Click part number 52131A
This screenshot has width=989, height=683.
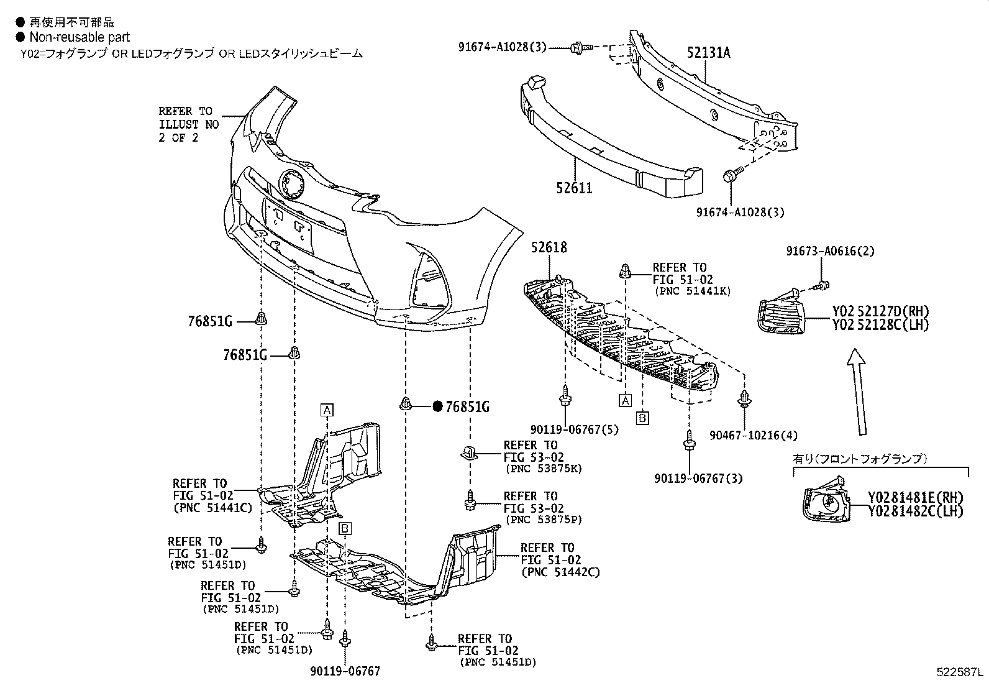708,53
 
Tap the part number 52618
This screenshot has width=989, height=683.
549,247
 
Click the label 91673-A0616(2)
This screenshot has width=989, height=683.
830,251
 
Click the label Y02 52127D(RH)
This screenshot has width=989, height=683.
881,311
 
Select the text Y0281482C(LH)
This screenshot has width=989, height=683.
916,511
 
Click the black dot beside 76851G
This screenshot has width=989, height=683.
437,406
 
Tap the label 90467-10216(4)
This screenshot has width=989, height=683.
754,436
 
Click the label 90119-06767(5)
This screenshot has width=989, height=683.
574,429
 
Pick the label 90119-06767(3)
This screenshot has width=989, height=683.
698,478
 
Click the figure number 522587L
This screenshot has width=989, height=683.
960,673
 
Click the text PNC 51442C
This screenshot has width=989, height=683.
561,572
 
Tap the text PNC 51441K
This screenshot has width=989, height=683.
693,291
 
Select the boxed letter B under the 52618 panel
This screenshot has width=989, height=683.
642,418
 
